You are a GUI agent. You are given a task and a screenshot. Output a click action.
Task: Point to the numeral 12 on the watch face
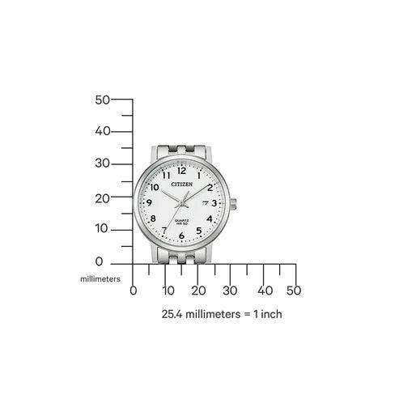pyautogui.click(x=181, y=172)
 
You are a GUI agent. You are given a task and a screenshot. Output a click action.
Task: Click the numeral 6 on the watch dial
pyautogui.click(x=181, y=236)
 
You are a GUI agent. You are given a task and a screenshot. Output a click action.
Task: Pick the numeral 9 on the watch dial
pyautogui.click(x=150, y=204)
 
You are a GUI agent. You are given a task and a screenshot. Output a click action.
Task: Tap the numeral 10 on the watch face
pyautogui.click(x=155, y=187)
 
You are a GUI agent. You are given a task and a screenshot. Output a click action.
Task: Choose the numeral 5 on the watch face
pyautogui.click(x=198, y=231)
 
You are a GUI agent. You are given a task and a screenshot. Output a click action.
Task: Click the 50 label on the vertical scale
pyautogui.click(x=102, y=100)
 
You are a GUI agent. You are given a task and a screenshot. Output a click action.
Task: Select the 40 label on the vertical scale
pyautogui.click(x=102, y=131)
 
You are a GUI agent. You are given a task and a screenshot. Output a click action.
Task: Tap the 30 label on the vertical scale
pyautogui.click(x=102, y=163)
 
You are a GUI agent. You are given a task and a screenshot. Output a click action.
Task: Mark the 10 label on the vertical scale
pyautogui.click(x=102, y=228)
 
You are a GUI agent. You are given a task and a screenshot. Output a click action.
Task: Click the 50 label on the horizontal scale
pyautogui.click(x=294, y=291)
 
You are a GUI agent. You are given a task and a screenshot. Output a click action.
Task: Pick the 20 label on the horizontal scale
pyautogui.click(x=198, y=291)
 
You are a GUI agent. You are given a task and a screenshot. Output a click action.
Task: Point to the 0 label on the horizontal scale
pyautogui.click(x=134, y=291)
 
